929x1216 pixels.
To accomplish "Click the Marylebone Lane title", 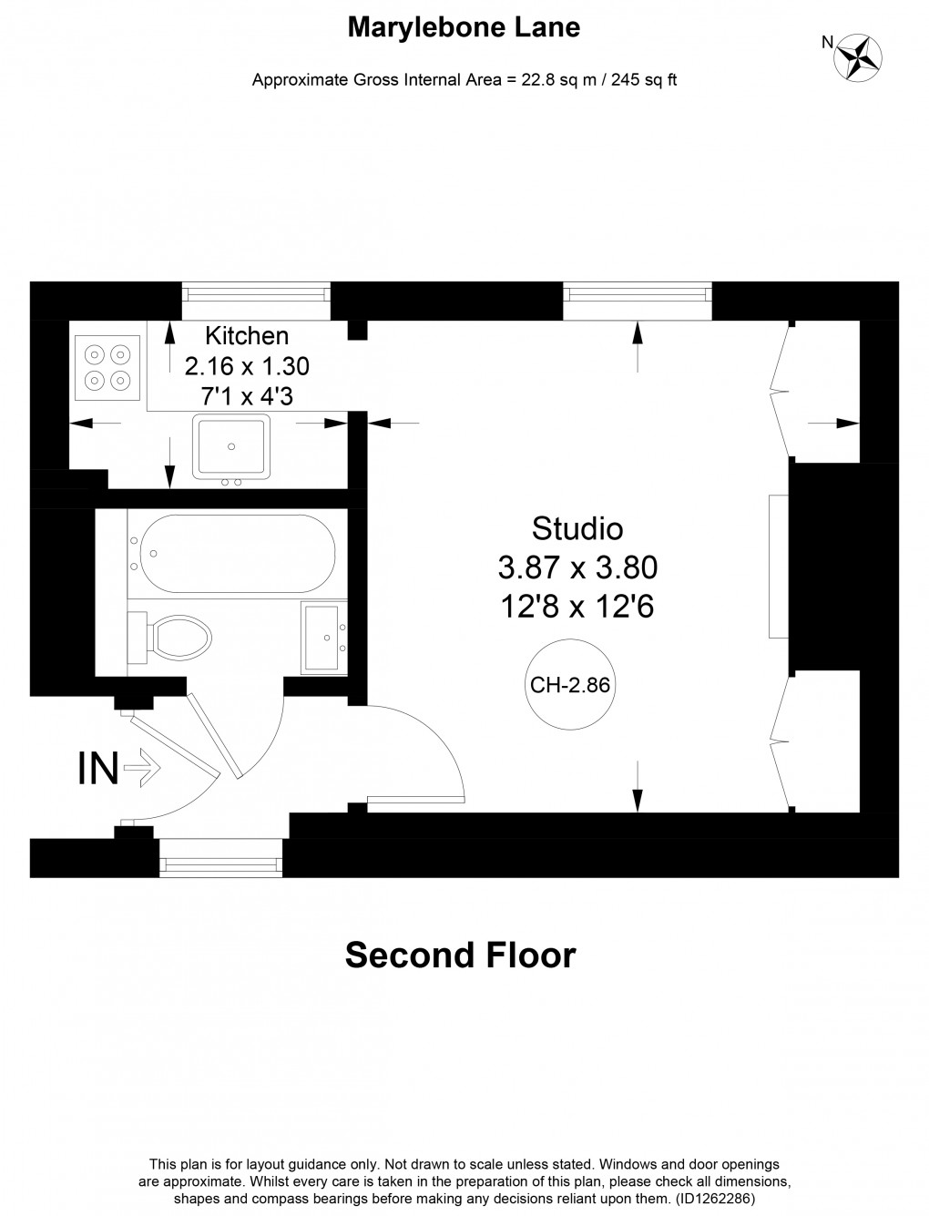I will (464, 28).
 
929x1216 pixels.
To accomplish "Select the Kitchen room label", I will (247, 335).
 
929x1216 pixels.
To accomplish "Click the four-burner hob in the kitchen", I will (107, 367).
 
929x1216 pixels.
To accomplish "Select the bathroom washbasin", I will (324, 637).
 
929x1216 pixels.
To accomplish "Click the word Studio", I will (577, 528).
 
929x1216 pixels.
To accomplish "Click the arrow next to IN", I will (142, 769).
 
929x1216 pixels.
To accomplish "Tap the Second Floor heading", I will (460, 955).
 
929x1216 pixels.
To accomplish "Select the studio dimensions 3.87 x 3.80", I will (577, 568).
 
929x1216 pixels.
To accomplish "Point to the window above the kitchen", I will (255, 292).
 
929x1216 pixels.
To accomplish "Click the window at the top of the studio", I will (637, 292).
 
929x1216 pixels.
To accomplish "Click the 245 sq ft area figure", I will (643, 80).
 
